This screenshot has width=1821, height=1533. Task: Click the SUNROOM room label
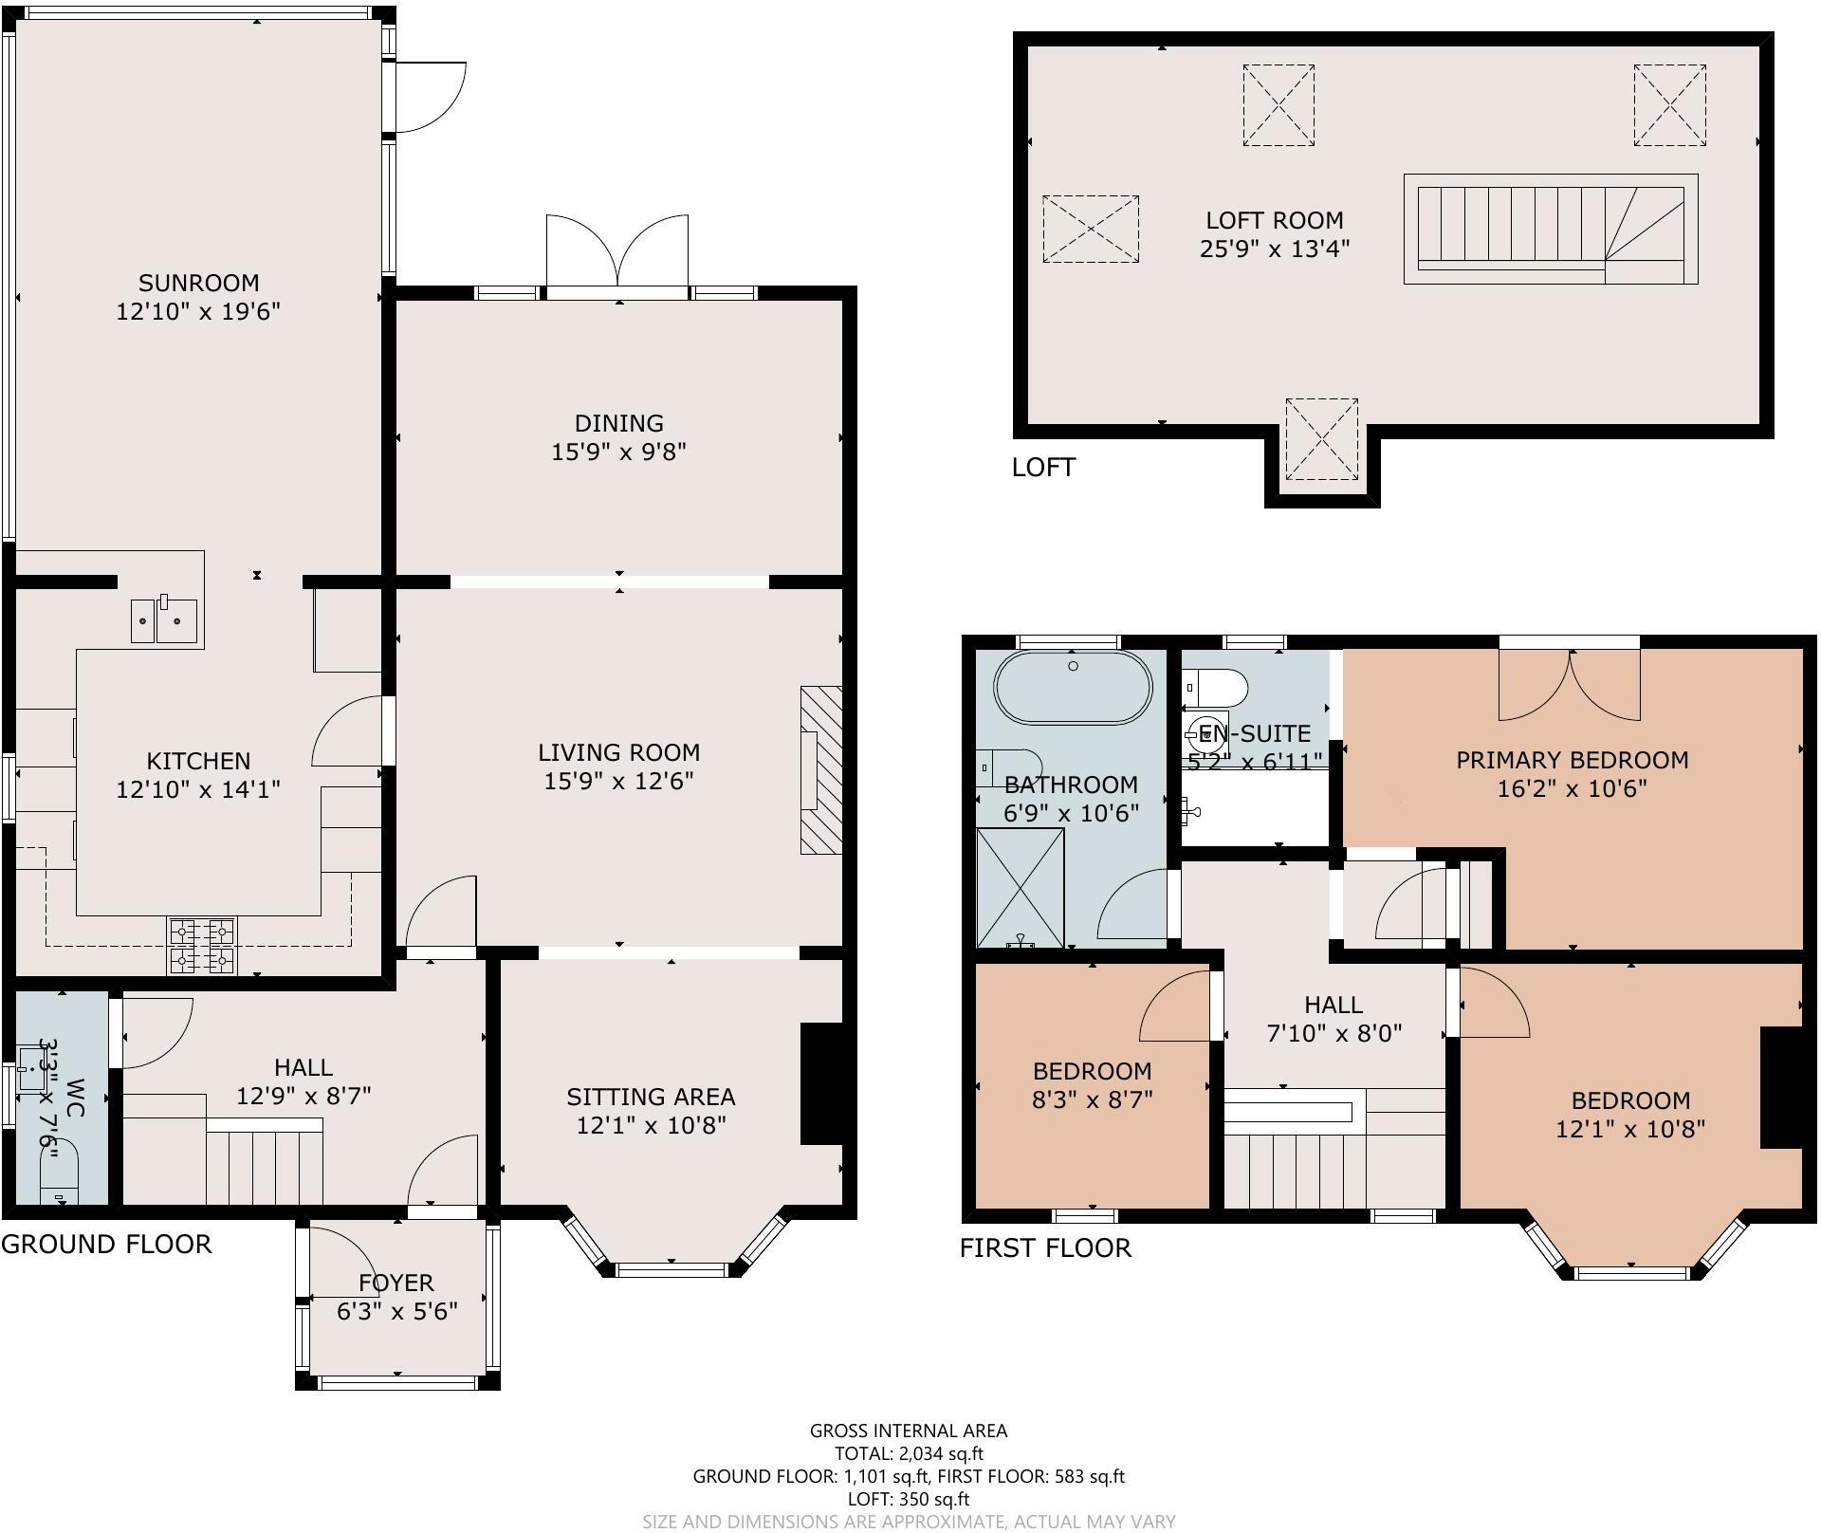click(x=198, y=283)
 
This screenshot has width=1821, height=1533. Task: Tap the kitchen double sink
click(x=164, y=620)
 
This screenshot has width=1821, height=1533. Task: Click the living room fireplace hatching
click(x=821, y=769)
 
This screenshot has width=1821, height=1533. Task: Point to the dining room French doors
click(x=617, y=251)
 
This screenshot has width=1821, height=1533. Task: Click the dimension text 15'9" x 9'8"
click(x=618, y=452)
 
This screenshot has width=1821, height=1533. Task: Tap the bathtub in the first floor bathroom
click(x=1073, y=688)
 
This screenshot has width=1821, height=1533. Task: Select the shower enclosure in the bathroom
click(x=1020, y=887)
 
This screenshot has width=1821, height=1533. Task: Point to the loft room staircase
click(x=1550, y=229)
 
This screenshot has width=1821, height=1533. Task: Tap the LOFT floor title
click(x=1043, y=467)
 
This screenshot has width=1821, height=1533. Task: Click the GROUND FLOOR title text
click(x=106, y=1244)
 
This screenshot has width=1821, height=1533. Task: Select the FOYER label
click(x=396, y=1283)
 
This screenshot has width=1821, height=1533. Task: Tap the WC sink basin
click(x=34, y=1068)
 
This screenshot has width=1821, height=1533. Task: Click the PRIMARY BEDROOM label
click(x=1572, y=760)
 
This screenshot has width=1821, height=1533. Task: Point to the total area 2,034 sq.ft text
click(x=908, y=1453)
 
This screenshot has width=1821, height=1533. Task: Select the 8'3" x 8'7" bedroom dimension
click(x=1092, y=1099)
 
